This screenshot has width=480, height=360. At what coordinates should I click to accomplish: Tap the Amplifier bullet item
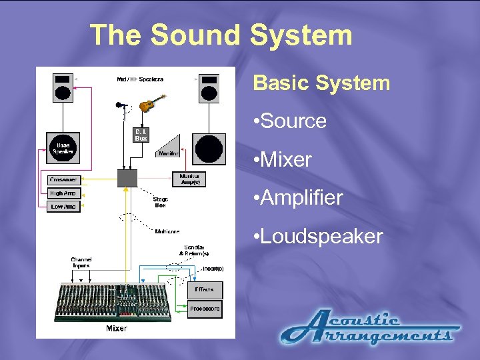302,198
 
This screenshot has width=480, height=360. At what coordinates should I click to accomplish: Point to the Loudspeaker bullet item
322,237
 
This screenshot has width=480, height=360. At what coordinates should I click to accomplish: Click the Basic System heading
321,83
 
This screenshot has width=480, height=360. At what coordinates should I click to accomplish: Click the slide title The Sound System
221,35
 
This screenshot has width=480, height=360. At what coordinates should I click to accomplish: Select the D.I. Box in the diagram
141,136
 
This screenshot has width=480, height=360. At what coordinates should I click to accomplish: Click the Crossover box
64,180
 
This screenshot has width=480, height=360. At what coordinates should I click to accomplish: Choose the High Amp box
64,193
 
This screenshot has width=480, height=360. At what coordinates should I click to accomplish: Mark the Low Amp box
64,207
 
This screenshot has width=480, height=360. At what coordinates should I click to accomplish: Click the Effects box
204,290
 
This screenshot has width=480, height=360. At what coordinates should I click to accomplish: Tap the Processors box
204,309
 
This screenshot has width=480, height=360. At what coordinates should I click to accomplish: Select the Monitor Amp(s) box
189,179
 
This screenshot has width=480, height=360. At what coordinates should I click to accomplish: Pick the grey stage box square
127,178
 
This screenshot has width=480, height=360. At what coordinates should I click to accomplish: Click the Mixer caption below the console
116,329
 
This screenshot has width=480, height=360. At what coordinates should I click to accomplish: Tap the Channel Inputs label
81,262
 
